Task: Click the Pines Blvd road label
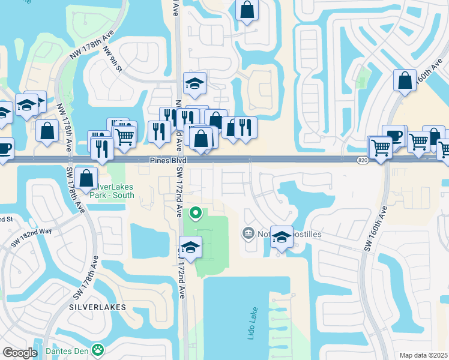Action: click(168, 161)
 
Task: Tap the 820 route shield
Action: click(362, 161)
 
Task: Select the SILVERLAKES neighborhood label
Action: click(97, 307)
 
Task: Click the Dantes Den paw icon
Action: click(97, 350)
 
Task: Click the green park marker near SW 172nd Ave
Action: click(196, 213)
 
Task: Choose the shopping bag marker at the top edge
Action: click(247, 10)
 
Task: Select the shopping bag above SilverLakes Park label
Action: click(86, 178)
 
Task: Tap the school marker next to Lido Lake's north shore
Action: click(282, 237)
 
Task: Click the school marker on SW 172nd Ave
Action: click(190, 247)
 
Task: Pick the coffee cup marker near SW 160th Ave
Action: click(394, 136)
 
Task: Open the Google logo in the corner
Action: click(20, 353)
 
